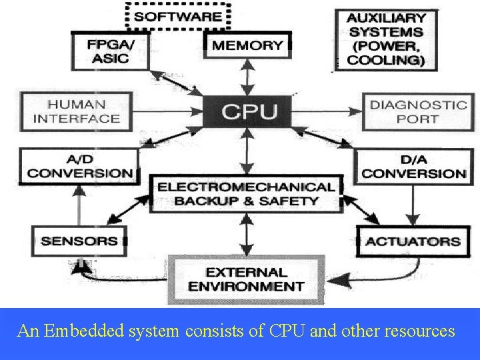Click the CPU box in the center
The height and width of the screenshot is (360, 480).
point(248,111)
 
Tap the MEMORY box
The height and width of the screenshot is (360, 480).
point(247,45)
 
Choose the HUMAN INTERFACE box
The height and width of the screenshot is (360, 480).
point(77,111)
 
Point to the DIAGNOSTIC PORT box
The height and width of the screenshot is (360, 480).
point(418,111)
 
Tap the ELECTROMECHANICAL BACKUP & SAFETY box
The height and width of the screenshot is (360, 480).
point(246,193)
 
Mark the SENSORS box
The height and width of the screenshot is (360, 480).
point(79,241)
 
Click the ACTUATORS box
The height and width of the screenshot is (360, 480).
point(413,241)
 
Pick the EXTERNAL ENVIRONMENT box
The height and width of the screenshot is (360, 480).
point(246,279)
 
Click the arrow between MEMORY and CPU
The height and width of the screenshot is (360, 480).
point(248,77)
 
